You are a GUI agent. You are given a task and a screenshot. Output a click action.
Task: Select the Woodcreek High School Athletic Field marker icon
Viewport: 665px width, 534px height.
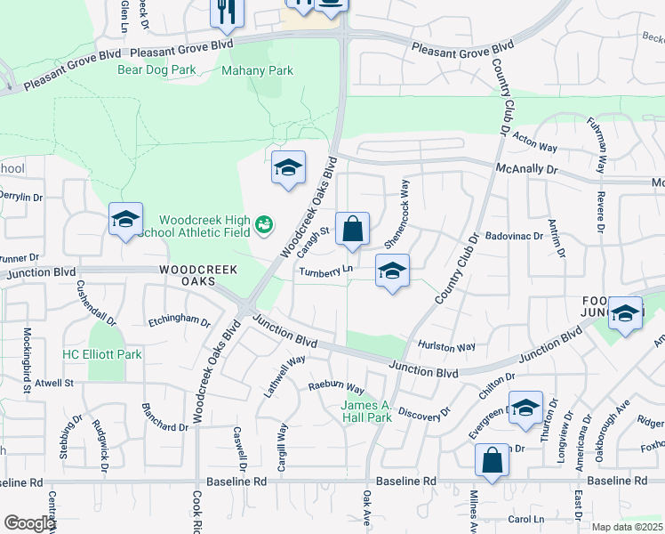coord(263,225)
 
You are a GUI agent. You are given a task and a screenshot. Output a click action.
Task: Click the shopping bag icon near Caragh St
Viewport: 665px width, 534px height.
coord(353,228)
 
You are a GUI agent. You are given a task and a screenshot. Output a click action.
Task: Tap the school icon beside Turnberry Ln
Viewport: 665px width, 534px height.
coord(391,271)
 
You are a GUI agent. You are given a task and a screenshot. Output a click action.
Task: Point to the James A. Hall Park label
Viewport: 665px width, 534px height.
coord(366,411)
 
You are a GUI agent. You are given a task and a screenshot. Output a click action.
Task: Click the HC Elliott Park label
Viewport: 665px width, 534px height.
coord(101,354)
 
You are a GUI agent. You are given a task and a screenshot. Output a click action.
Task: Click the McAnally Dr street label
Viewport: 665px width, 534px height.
coord(526,167)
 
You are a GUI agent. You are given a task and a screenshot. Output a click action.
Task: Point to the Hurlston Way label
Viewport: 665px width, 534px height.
coord(446,346)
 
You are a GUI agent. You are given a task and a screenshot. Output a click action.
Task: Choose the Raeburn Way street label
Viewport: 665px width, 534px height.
coord(336,388)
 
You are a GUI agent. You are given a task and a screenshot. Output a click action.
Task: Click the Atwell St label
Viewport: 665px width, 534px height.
coord(54,383)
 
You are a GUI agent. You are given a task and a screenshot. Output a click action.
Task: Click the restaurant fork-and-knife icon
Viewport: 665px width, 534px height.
coord(226,12)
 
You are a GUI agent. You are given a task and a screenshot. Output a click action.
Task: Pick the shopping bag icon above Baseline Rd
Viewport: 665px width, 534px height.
coord(492,460)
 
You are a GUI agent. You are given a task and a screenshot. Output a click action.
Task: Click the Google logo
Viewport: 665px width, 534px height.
coord(29,523)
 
